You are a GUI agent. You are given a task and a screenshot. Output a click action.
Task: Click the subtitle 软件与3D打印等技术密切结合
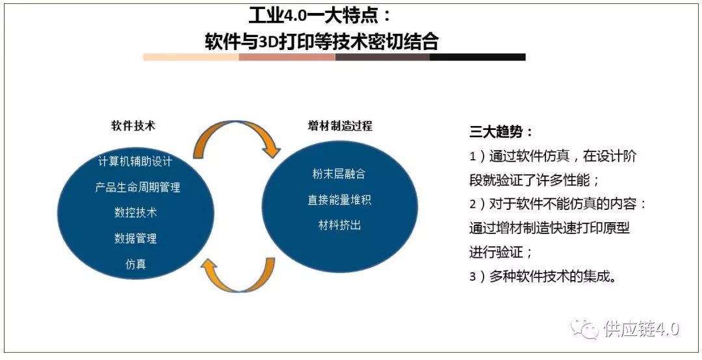point(322,42)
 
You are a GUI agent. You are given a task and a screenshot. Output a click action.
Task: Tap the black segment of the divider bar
point(477,57)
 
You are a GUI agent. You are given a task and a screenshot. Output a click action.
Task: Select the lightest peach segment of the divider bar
point(191,57)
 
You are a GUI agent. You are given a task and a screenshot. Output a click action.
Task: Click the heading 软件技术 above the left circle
point(133,126)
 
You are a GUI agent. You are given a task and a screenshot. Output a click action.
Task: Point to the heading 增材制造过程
point(340,126)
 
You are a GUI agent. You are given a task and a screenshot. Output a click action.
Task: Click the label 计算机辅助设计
point(135,161)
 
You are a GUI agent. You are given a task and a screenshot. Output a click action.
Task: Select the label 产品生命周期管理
point(137,187)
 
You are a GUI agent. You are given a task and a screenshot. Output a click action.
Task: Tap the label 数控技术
point(135,212)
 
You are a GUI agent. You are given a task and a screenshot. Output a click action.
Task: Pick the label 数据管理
point(135,238)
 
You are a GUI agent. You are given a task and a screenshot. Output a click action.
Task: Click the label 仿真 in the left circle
point(135,264)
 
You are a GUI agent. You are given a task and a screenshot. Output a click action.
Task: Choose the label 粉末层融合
point(339,174)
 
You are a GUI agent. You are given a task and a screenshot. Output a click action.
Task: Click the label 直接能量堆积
point(339,200)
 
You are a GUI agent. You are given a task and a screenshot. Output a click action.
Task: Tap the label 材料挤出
point(339,225)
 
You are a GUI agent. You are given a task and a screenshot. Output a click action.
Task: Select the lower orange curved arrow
point(237,276)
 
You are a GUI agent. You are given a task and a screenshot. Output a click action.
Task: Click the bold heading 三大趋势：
point(501,132)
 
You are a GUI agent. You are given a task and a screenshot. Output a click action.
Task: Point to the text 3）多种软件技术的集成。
point(543,276)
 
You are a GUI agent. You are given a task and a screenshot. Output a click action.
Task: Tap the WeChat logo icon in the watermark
point(584,328)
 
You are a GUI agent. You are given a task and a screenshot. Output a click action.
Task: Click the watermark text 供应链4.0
point(641,329)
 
